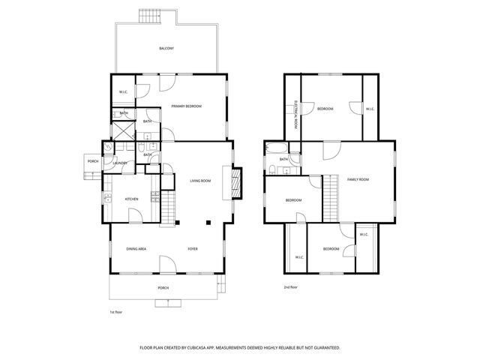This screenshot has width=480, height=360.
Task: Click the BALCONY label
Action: pos(166,49)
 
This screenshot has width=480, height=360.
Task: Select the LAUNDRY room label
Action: pos(120,163)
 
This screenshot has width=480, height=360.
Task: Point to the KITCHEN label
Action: pos(131,199)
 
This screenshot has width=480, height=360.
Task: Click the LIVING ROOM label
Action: pos(199,181)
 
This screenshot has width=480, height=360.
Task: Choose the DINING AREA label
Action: pos(136,249)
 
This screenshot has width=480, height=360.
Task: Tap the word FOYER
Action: pos(193,249)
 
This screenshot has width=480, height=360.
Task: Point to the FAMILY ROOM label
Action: pos(358,179)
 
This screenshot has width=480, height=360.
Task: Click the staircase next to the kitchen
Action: pos(168,203)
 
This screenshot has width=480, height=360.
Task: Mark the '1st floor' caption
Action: pos(115,311)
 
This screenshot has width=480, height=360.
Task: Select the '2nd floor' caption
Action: pos(290,287)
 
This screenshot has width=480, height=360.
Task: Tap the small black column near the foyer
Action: pos(209,222)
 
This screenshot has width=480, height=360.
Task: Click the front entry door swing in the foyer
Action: pos(166,264)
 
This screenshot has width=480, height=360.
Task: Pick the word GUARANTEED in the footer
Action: pos(324,348)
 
